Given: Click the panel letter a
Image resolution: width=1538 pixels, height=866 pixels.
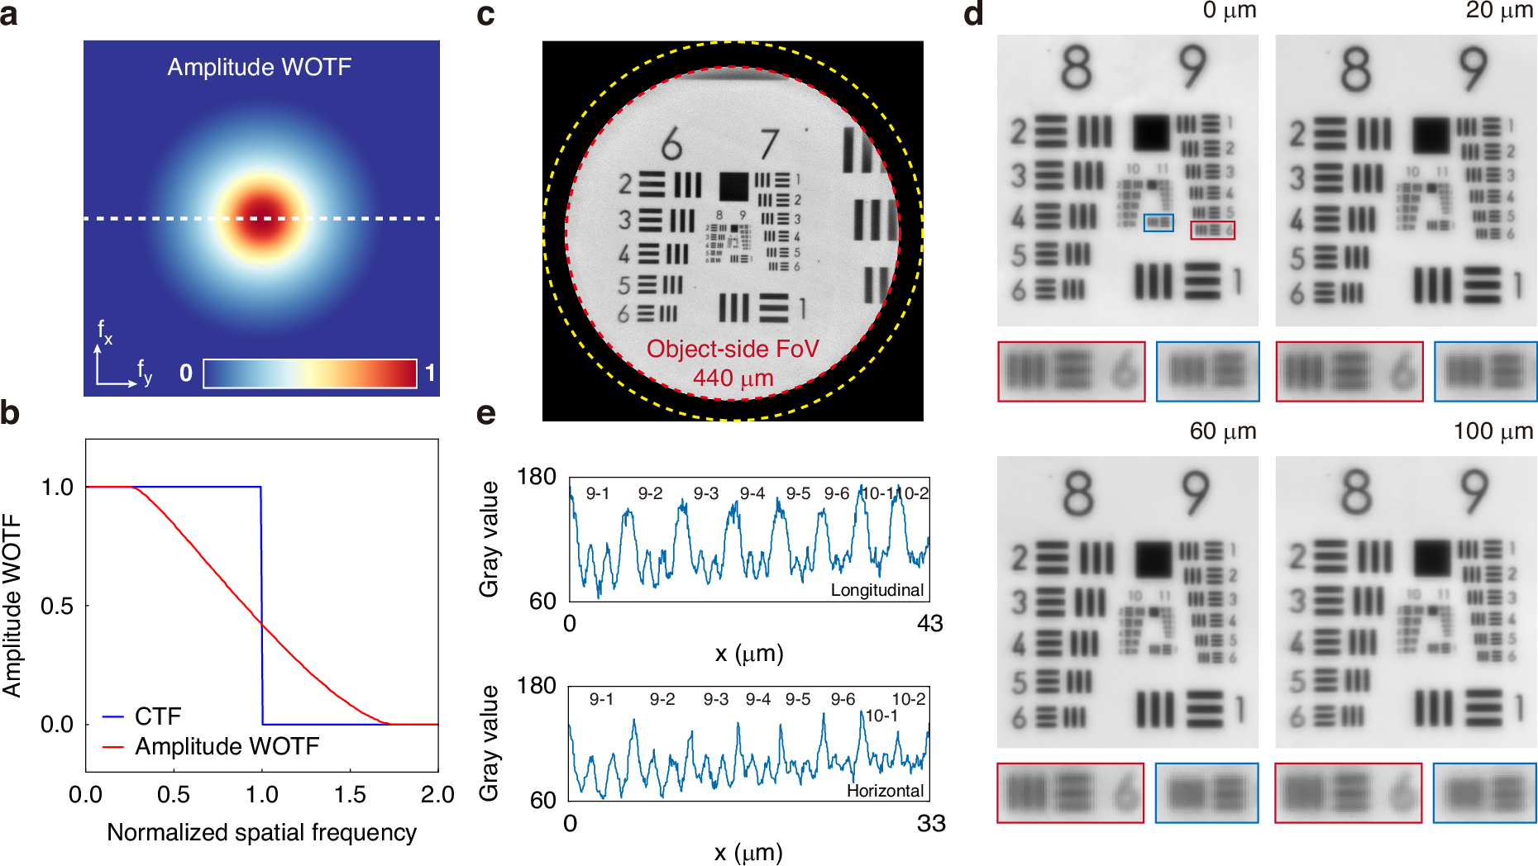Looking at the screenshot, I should point(10,14).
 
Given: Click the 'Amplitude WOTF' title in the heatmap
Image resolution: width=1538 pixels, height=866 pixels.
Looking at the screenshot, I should point(259,67).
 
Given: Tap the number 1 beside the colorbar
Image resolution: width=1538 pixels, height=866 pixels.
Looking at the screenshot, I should point(430,374).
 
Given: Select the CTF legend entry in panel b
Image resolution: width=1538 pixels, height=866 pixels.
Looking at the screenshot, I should point(157,716).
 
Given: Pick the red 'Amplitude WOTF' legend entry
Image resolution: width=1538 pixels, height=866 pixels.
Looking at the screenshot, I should point(227,746).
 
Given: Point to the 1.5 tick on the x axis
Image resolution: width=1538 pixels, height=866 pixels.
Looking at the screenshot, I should point(350,795).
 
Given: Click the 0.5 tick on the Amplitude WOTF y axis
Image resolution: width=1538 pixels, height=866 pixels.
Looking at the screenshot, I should point(57,606).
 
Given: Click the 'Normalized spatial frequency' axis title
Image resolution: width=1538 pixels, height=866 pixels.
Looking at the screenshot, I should point(261,832).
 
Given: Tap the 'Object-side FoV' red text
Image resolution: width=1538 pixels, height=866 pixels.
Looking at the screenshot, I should point(732,349).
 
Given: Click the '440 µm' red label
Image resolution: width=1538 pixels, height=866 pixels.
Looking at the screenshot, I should point(733,378).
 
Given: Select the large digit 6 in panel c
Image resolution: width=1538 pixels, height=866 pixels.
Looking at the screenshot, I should point(671,145).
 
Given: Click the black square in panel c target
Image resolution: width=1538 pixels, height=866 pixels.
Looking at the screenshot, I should point(733,187).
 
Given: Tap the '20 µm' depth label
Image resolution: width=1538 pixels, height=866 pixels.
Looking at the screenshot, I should point(1499,11).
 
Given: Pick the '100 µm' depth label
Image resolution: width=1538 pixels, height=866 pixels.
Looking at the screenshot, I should point(1493,431).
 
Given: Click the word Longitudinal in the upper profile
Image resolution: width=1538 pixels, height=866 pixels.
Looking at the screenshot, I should point(876,590).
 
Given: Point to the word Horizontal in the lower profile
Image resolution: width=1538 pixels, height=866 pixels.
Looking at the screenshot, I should point(885,791).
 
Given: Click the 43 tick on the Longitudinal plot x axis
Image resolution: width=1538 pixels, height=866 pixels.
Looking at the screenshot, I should point(929,623).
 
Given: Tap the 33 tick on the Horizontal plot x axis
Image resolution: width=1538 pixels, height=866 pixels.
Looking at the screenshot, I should point(931,823).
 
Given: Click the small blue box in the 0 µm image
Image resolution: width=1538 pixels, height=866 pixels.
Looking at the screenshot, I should point(1158,222).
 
